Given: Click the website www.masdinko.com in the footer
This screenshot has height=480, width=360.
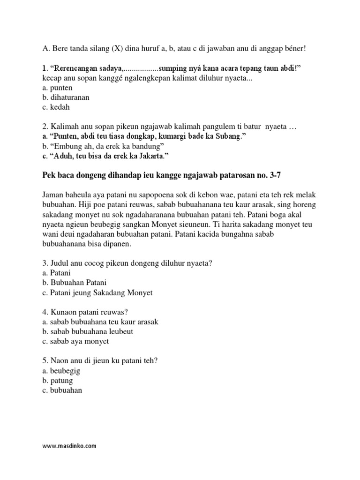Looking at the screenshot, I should click(69, 446).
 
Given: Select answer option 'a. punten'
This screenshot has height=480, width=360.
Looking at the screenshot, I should click(56, 88).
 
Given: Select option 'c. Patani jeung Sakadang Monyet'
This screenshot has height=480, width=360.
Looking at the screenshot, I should click(97, 292).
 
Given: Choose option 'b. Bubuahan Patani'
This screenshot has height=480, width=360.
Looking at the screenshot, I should click(75, 283).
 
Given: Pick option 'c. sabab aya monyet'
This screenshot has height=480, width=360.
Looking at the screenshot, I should click(75, 341).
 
